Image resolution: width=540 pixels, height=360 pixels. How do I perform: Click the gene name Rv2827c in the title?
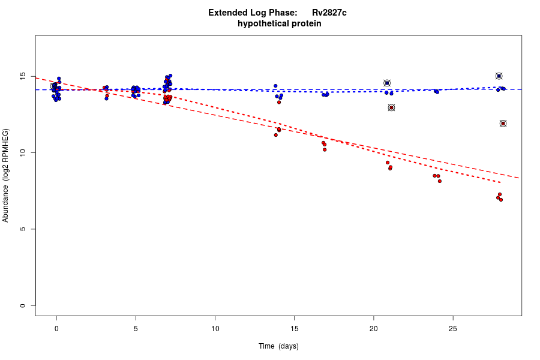click(x=329, y=13)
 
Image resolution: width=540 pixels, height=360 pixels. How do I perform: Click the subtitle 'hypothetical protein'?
click(x=279, y=24)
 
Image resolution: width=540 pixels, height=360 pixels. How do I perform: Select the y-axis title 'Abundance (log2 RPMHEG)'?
click(x=6, y=175)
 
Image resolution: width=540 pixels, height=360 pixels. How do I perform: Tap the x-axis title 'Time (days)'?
click(x=278, y=346)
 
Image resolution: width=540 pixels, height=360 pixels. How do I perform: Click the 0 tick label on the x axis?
click(x=56, y=328)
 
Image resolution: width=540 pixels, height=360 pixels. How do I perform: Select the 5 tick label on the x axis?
click(x=136, y=328)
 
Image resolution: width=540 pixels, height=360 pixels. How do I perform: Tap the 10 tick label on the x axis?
click(x=215, y=328)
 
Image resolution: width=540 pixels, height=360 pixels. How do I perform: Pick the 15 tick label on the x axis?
click(x=294, y=328)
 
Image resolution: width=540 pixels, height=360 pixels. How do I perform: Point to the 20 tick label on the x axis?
click(x=373, y=328)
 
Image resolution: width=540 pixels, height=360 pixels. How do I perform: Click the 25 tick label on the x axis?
click(x=453, y=328)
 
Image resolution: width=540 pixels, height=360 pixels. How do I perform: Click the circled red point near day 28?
click(x=503, y=124)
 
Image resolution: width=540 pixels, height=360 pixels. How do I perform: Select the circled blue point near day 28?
click(x=499, y=76)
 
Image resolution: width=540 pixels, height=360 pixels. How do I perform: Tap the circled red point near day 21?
click(x=391, y=108)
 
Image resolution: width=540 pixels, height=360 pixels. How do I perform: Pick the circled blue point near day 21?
click(x=387, y=83)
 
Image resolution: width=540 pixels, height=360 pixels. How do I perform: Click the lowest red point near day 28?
click(x=501, y=200)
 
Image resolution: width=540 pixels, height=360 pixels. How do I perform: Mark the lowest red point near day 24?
click(x=440, y=181)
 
